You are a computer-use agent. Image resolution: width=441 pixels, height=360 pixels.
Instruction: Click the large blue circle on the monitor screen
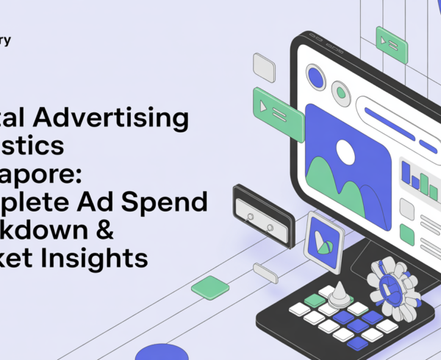coord(316,76)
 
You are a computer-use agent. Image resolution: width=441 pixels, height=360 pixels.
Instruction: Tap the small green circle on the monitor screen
coord(340,92)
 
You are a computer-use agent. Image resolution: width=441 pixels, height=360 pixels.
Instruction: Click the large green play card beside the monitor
coord(277,109)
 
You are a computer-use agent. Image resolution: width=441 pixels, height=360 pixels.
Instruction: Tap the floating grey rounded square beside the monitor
coord(264,67)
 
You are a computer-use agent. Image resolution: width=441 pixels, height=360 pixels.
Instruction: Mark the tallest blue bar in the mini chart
coord(406,173)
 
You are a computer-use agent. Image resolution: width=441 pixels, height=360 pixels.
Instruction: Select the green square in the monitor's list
coord(406,234)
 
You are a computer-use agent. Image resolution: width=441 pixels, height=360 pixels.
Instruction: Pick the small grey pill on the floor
coord(265,274)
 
